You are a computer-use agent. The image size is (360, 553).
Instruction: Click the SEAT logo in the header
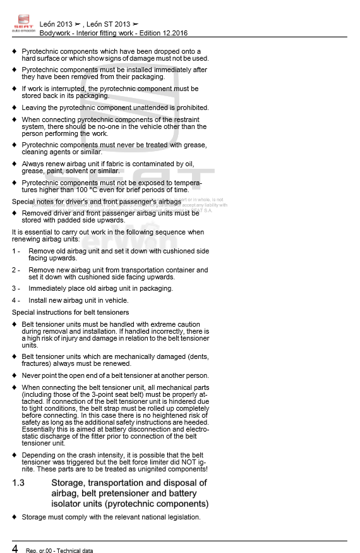[22, 24]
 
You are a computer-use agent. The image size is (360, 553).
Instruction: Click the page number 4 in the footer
[15, 547]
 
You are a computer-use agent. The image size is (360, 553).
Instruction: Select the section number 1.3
[18, 483]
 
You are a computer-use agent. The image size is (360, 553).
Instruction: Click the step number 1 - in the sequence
[16, 251]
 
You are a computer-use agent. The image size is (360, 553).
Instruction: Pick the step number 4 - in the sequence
[16, 300]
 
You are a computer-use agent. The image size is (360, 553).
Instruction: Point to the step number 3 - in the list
[16, 288]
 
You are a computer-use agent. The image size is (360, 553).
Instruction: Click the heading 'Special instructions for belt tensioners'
[70, 312]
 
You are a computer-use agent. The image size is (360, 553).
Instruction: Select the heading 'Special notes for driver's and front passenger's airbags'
[97, 202]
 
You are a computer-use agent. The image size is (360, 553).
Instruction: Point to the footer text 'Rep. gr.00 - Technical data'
[59, 550]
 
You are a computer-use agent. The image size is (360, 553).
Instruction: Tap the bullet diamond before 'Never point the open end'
[15, 375]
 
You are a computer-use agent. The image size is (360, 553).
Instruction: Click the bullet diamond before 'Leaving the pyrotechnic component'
[15, 107]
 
